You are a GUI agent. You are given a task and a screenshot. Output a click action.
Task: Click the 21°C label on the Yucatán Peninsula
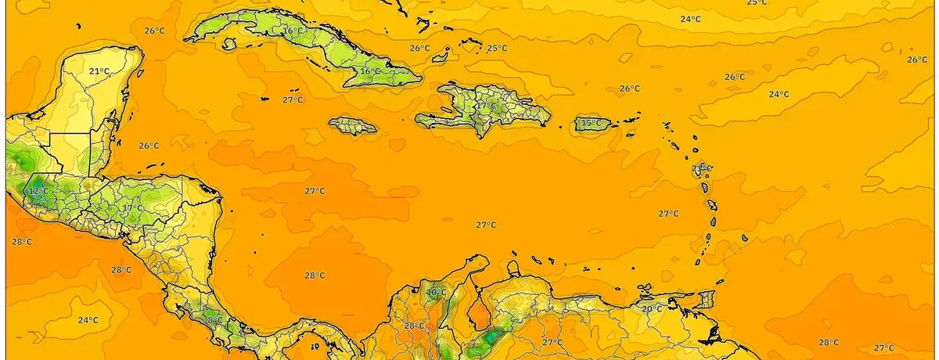pyautogui.click(x=99, y=71)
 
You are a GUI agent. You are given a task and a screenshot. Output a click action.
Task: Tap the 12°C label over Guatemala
pyautogui.click(x=37, y=191)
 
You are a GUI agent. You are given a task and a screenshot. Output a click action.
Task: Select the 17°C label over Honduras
pyautogui.click(x=132, y=208)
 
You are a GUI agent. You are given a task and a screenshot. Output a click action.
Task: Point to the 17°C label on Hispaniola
pyautogui.click(x=486, y=106)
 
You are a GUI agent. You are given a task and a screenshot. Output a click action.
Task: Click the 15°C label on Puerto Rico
pyautogui.click(x=592, y=124)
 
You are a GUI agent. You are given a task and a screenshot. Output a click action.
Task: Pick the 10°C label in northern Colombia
pyautogui.click(x=436, y=293)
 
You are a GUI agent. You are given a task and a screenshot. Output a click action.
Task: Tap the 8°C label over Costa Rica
pyautogui.click(x=212, y=320)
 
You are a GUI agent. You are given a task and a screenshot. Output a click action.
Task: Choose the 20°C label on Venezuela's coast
pyautogui.click(x=652, y=308)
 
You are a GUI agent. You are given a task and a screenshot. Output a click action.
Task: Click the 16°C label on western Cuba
pyautogui.click(x=293, y=31)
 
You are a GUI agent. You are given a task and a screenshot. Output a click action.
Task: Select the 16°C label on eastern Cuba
pyautogui.click(x=369, y=72)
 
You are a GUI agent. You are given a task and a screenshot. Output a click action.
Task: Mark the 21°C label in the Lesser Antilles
pyautogui.click(x=701, y=168)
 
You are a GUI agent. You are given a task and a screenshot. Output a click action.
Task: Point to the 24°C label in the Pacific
pyautogui.click(x=88, y=320)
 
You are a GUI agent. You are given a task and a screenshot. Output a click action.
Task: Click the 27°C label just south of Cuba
pyautogui.click(x=292, y=100)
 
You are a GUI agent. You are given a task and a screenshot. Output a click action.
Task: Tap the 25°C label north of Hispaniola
pyautogui.click(x=496, y=49)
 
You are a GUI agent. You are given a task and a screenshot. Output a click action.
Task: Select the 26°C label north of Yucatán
pyautogui.click(x=154, y=31)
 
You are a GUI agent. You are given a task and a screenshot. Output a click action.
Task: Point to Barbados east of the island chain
pyautogui.click(x=744, y=237)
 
